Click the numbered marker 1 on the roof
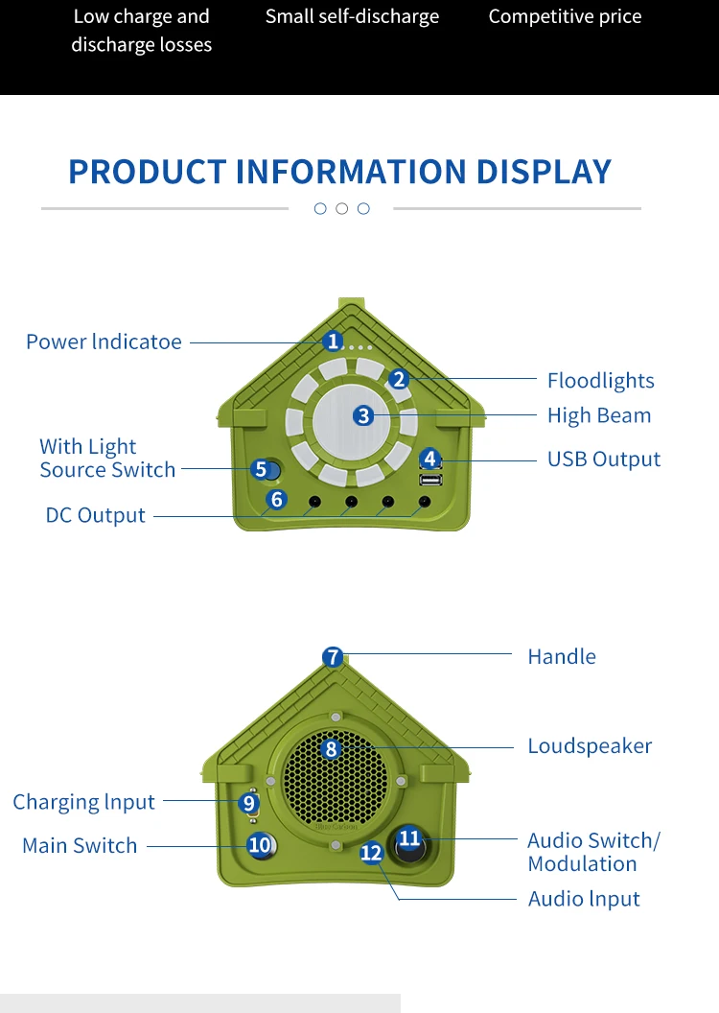tap(333, 341)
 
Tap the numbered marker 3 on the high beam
tap(363, 415)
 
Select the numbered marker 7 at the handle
tap(333, 657)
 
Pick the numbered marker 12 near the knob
tap(371, 853)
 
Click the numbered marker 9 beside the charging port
tap(248, 803)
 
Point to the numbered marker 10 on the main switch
tap(260, 844)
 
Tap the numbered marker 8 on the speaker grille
tap(331, 749)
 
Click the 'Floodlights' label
tap(601, 381)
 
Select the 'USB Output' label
tap(604, 459)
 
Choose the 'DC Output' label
tap(96, 515)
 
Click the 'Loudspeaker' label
tap(590, 745)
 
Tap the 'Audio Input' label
tap(584, 899)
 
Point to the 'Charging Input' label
tap(84, 802)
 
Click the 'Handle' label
tap(562, 656)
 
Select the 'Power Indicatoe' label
tap(104, 342)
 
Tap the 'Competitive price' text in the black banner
tap(566, 17)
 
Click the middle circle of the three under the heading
tap(342, 209)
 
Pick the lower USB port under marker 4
tap(430, 480)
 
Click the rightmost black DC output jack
tap(425, 502)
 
